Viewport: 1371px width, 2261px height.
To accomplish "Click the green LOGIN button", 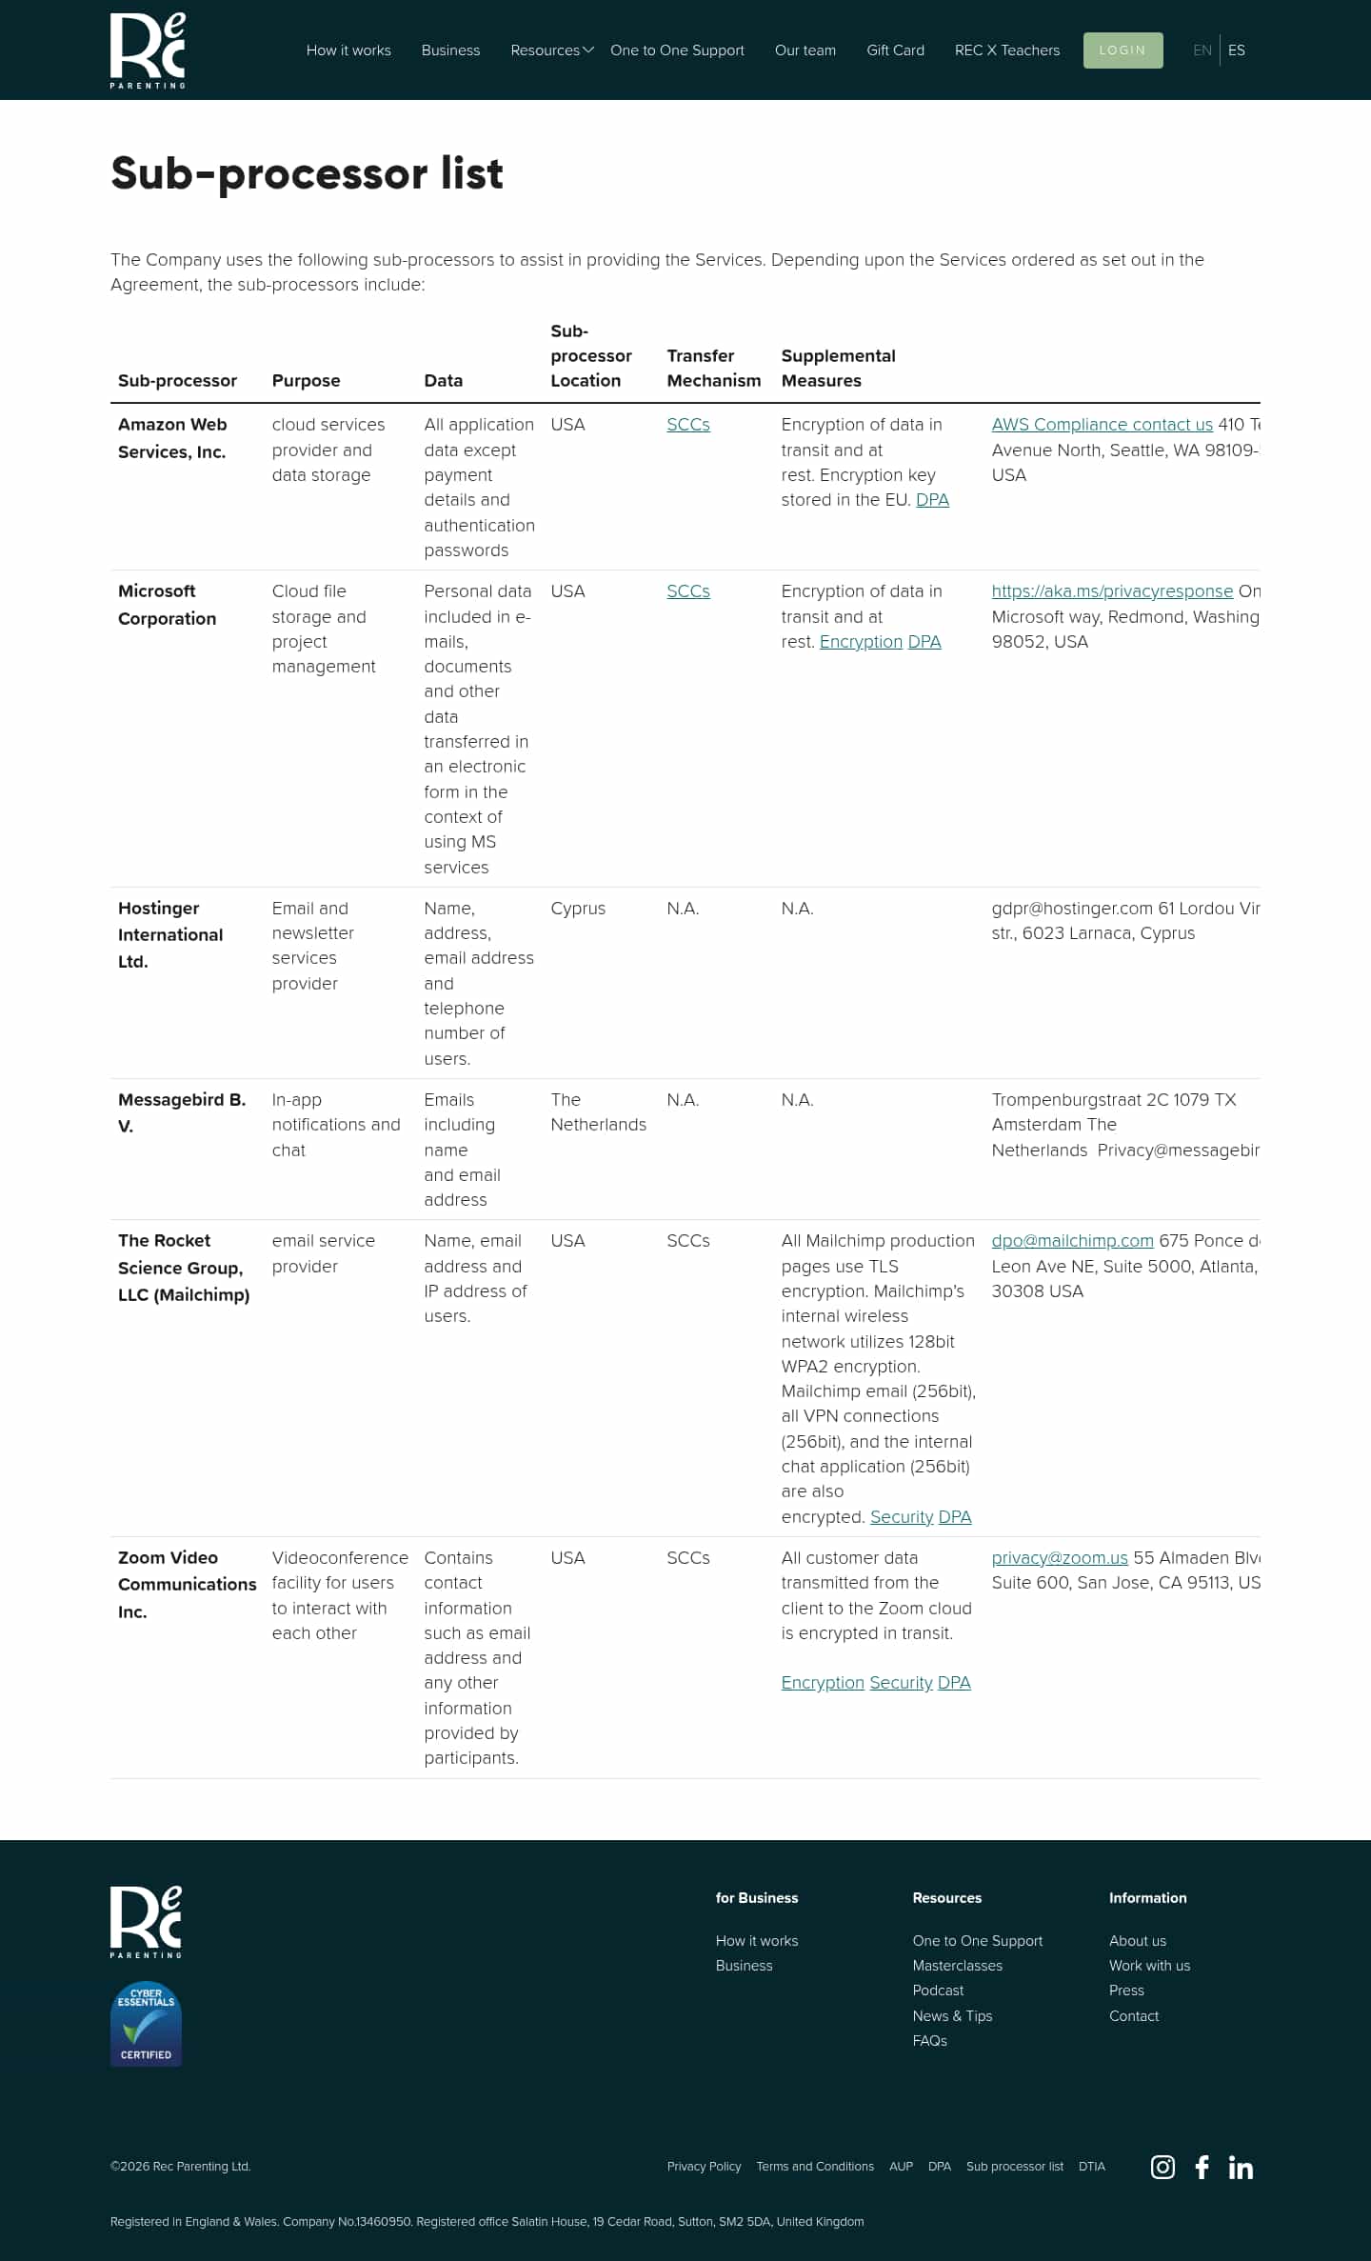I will coord(1123,50).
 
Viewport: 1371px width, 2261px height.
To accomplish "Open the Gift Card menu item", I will coord(895,50).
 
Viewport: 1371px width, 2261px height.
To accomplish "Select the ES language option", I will coord(1236,50).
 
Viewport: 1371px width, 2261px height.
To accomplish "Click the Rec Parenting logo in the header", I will coord(148,50).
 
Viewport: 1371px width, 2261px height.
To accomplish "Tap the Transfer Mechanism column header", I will coord(713,368).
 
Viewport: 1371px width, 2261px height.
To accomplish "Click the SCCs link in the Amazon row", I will coord(688,425).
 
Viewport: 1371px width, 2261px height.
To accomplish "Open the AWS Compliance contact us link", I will coord(1102,425).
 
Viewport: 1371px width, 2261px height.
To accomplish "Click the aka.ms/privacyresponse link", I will coord(1112,591).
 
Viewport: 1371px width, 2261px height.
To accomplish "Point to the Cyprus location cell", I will coord(578,909).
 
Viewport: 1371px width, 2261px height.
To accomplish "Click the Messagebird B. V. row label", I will coord(181,1112).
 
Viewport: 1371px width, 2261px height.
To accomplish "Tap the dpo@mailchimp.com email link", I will coord(1072,1241).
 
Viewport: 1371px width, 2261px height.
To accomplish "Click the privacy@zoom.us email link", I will coord(1060,1558).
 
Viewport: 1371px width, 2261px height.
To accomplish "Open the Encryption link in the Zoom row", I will coord(823,1683).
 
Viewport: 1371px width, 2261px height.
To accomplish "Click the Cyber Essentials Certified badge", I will coord(146,2024).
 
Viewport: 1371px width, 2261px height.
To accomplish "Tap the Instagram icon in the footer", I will coord(1162,2167).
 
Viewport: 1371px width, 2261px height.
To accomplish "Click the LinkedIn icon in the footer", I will coord(1241,2167).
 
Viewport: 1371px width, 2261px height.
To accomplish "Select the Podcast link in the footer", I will coord(938,1991).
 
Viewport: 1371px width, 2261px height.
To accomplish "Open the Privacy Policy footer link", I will coord(704,2167).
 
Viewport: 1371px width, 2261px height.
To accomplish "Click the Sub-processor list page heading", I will coord(307,173).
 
